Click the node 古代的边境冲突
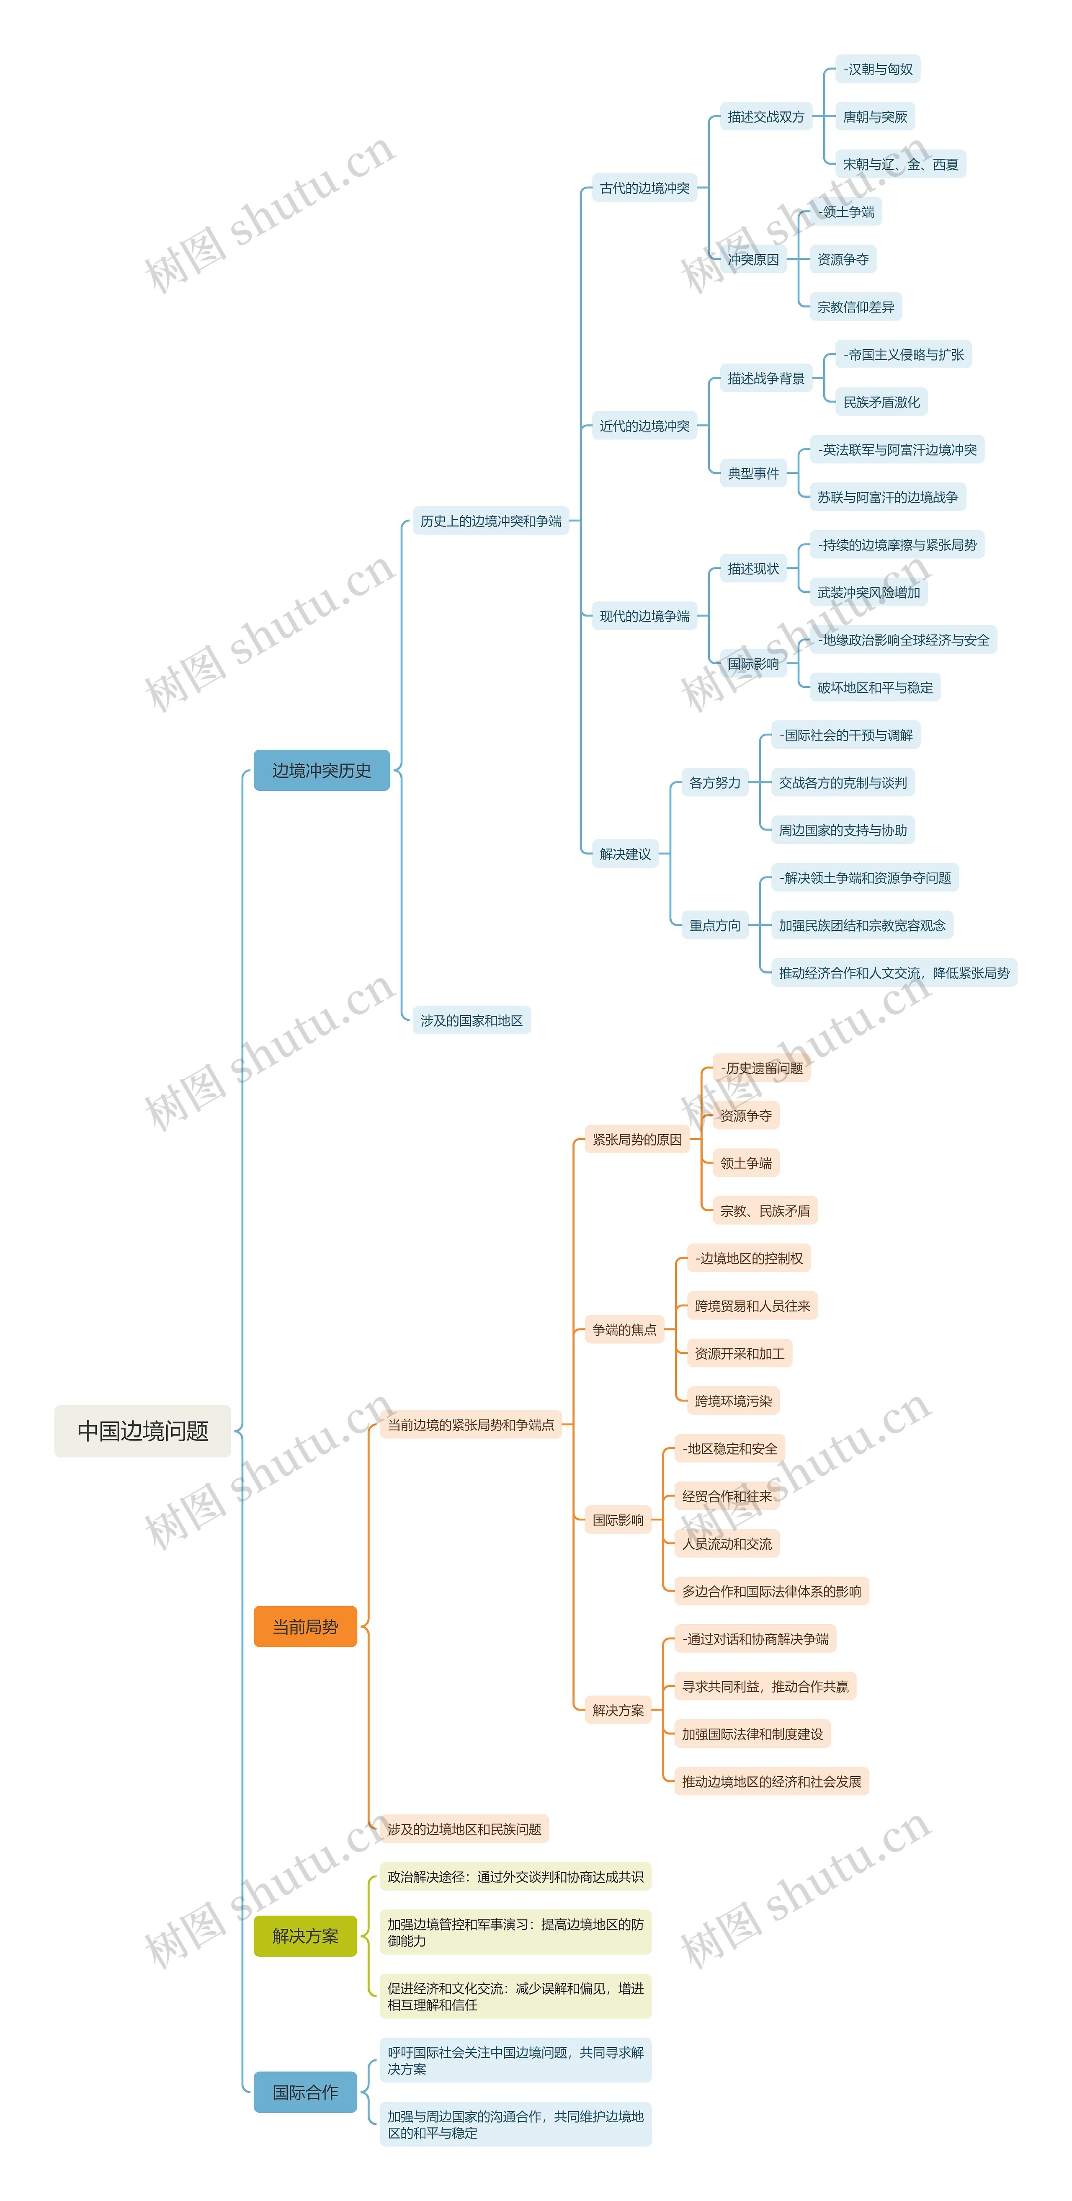pyautogui.click(x=644, y=188)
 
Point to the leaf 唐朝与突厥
pyautogui.click(x=875, y=117)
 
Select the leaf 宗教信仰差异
pyautogui.click(x=855, y=307)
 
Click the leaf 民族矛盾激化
pyautogui.click(x=881, y=403)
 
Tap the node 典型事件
pyautogui.click(x=752, y=473)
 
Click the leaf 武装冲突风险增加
pyautogui.click(x=868, y=592)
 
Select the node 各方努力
pyautogui.click(x=715, y=783)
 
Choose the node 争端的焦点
pyautogui.click(x=624, y=1329)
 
